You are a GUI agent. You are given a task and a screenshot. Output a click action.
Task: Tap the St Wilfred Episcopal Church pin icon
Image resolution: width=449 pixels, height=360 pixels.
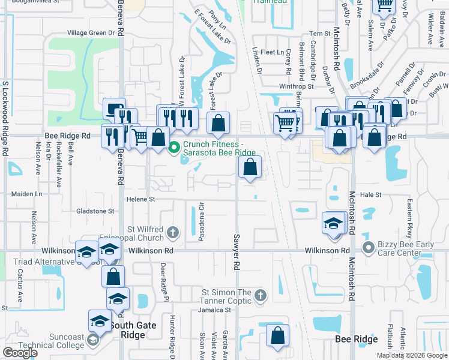(172, 232)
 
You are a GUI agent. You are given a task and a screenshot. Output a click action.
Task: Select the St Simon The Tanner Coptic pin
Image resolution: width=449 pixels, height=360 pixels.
(259, 295)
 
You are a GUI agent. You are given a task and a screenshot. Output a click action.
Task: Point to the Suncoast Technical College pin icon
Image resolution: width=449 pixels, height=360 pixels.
(93, 341)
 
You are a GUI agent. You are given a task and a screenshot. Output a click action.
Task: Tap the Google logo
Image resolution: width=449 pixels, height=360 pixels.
(20, 353)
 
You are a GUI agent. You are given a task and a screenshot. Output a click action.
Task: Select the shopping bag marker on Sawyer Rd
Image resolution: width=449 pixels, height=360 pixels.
(250, 167)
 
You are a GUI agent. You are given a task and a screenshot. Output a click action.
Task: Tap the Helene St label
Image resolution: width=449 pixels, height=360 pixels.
(140, 199)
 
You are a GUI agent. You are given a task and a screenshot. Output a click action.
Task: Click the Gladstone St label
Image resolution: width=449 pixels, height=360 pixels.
(95, 211)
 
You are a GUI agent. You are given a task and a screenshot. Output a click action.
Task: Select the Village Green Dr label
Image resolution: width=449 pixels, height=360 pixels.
(91, 32)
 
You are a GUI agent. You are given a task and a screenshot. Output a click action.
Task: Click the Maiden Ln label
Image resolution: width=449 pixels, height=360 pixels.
(27, 194)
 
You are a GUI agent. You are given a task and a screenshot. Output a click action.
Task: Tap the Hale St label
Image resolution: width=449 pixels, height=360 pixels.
(370, 194)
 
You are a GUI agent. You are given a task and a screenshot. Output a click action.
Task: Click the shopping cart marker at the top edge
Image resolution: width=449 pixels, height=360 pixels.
(384, 5)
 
